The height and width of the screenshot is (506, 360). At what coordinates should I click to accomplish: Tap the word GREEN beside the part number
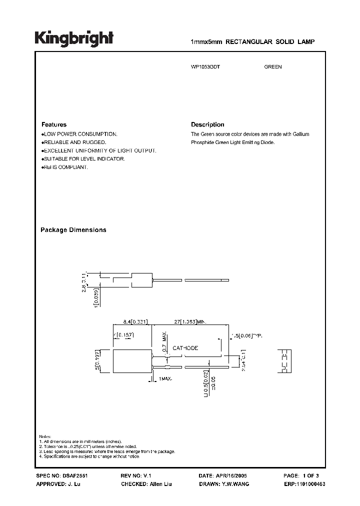point(273,67)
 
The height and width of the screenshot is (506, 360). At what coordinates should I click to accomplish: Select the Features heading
point(53,124)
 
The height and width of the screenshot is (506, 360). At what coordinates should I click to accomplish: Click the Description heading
point(207,124)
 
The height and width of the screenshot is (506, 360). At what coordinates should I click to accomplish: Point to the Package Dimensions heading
point(73,230)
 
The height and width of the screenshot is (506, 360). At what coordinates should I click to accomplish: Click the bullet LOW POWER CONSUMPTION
point(80,134)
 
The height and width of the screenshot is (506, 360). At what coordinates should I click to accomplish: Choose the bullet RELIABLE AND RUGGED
point(74,142)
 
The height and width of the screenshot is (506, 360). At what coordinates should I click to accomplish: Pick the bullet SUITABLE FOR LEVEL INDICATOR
point(83,158)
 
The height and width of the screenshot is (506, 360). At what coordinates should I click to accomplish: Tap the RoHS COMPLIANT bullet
point(65,167)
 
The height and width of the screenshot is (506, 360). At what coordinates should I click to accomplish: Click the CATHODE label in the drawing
point(185,348)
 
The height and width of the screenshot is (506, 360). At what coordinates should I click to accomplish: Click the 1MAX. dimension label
point(165,379)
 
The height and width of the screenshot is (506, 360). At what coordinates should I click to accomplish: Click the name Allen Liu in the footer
point(161,484)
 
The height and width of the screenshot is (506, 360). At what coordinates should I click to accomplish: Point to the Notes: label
point(45,437)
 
